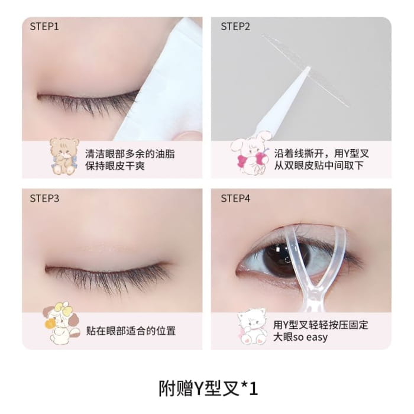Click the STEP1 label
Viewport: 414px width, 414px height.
tap(44, 27)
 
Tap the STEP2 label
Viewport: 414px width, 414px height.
tap(235, 27)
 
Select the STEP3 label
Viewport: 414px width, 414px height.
tap(44, 199)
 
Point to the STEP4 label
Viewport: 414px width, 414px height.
tap(235, 199)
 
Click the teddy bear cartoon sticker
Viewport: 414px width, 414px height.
tap(64, 156)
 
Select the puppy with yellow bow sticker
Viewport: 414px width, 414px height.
tap(62, 323)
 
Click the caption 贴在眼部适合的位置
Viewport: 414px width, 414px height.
tap(131, 331)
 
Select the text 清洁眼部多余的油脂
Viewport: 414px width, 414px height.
tap(130, 154)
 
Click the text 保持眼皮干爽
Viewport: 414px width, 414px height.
tap(115, 166)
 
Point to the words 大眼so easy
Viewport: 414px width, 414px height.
tap(300, 337)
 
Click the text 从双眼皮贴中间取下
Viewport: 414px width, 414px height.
tap(319, 166)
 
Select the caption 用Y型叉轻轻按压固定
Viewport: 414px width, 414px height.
tap(321, 325)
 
